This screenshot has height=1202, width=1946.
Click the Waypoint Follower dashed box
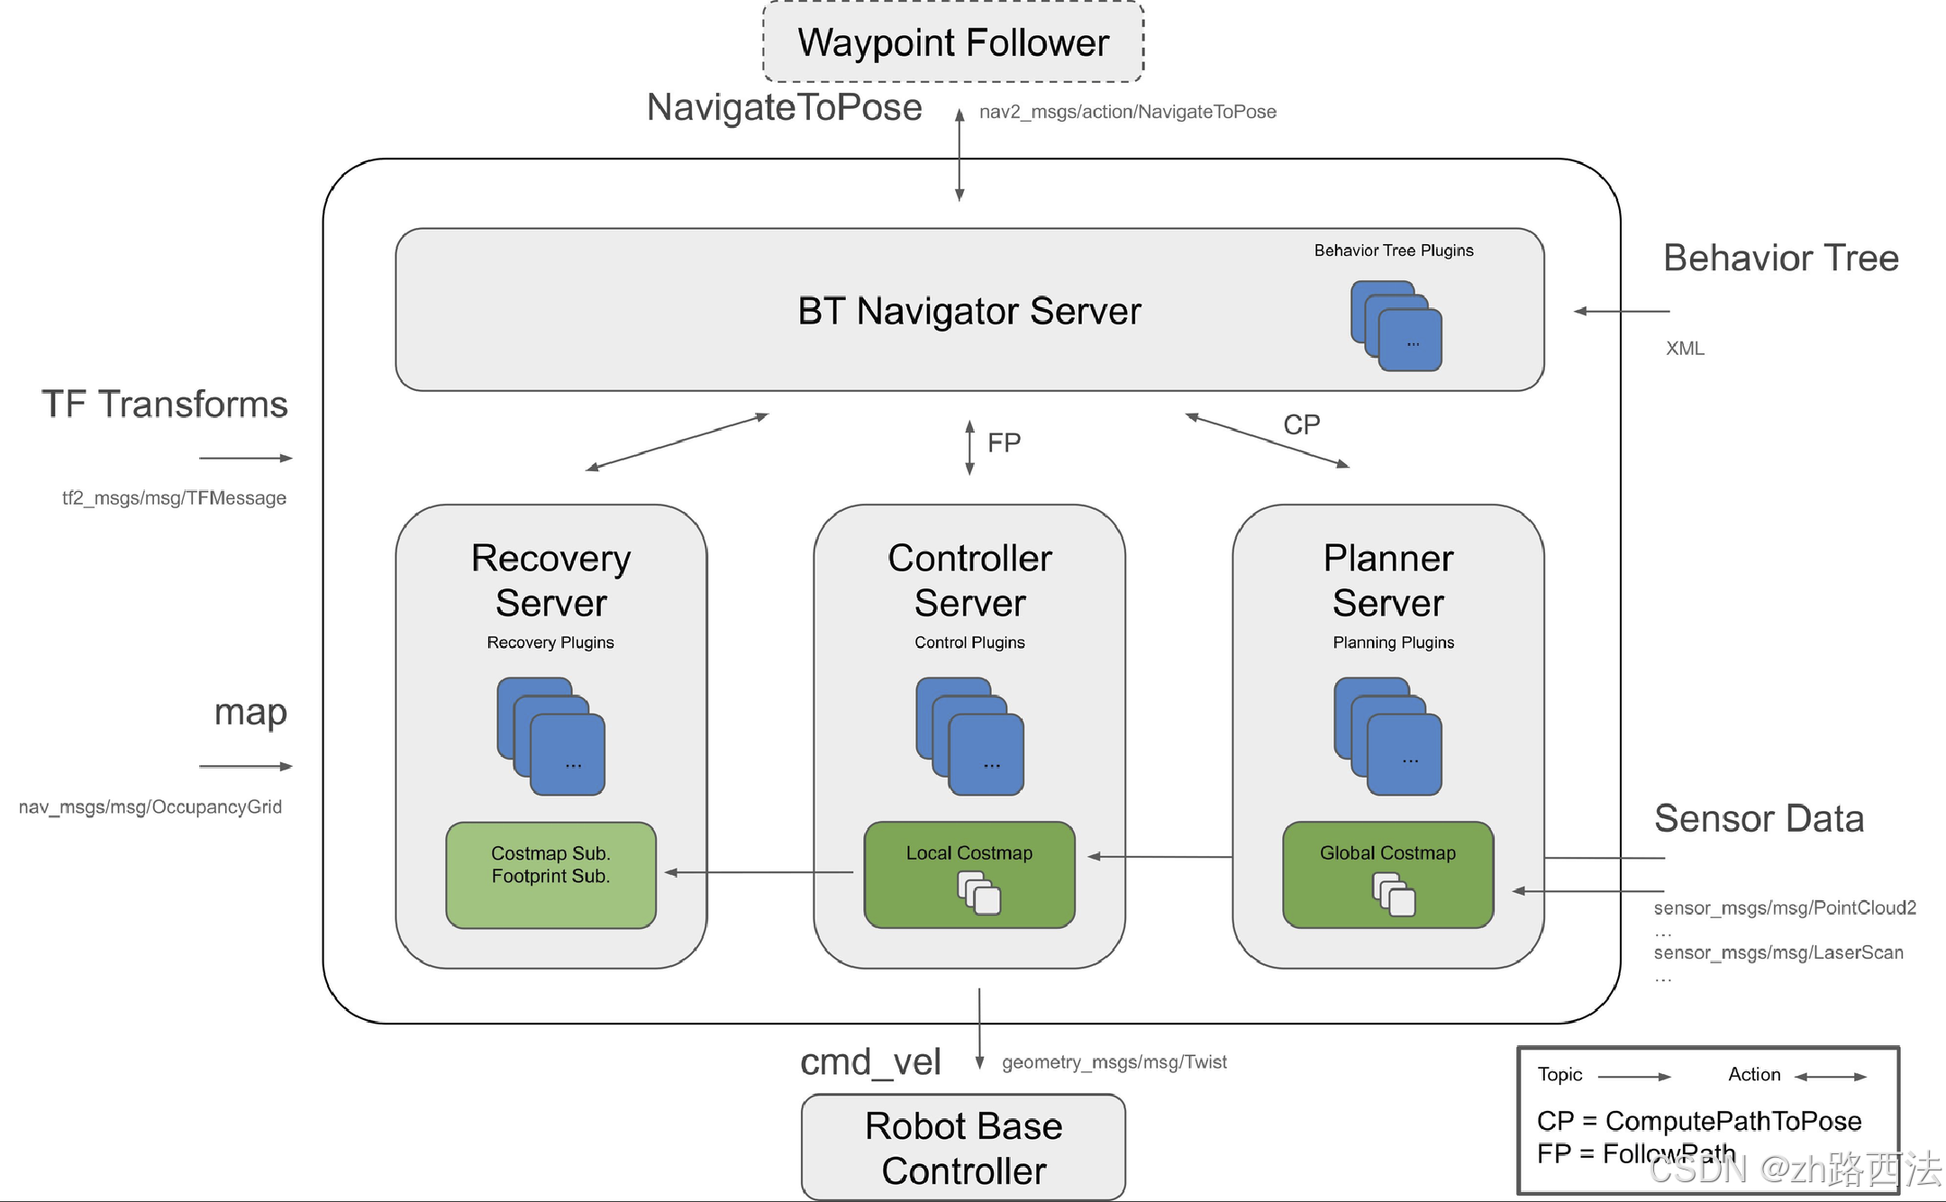[x=953, y=42]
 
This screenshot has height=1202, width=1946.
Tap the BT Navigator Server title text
[x=969, y=311]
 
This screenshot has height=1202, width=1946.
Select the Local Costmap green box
[x=969, y=875]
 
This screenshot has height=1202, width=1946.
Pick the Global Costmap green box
[x=1387, y=875]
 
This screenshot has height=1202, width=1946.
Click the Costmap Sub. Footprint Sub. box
[x=550, y=875]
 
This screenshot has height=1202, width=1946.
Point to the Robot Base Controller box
[x=963, y=1147]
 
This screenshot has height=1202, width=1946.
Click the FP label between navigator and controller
[x=1004, y=442]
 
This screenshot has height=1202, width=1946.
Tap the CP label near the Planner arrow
[x=1302, y=424]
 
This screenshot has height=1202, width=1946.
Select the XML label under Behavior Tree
[x=1685, y=349]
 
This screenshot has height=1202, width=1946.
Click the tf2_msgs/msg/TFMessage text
[x=174, y=498]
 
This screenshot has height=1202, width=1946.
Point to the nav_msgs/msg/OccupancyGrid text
[x=150, y=807]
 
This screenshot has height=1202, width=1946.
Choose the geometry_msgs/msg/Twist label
[x=1114, y=1062]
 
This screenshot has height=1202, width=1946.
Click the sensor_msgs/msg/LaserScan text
[x=1778, y=952]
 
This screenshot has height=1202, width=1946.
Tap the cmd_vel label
[x=870, y=1062]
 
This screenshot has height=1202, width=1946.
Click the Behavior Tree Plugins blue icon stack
[x=1396, y=326]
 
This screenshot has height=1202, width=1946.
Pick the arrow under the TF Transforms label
[x=246, y=458]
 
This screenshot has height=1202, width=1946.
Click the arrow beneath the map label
[x=246, y=767]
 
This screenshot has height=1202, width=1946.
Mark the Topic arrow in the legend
[x=1634, y=1076]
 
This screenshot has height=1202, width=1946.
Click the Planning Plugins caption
[x=1394, y=642]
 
